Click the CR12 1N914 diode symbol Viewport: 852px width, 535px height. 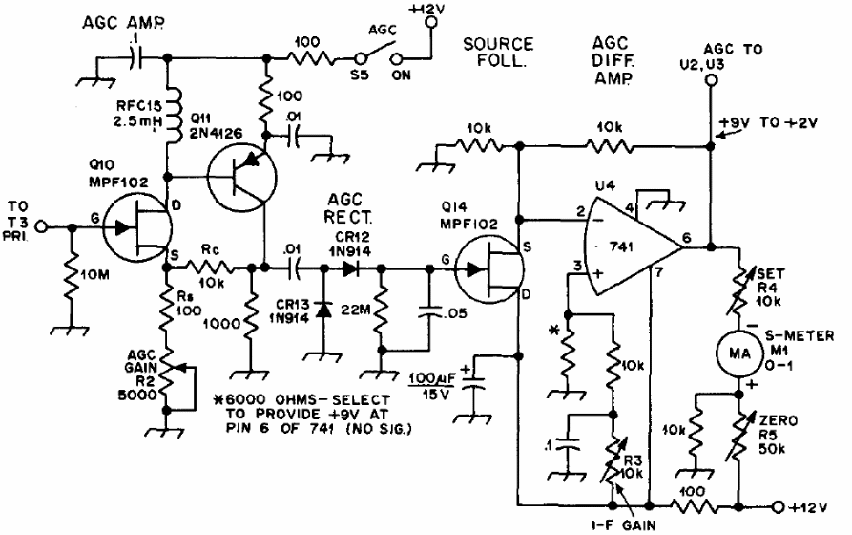pos(351,268)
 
